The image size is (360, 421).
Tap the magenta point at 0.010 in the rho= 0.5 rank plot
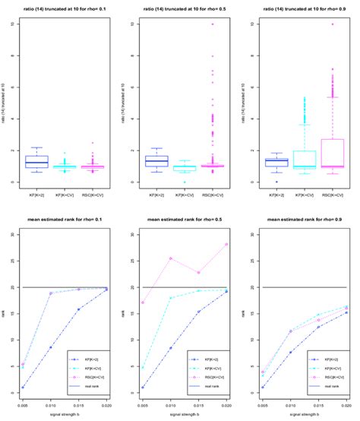(x=171, y=258)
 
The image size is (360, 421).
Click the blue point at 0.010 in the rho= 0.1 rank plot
(x=50, y=347)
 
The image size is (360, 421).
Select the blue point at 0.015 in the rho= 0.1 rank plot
(x=78, y=309)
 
